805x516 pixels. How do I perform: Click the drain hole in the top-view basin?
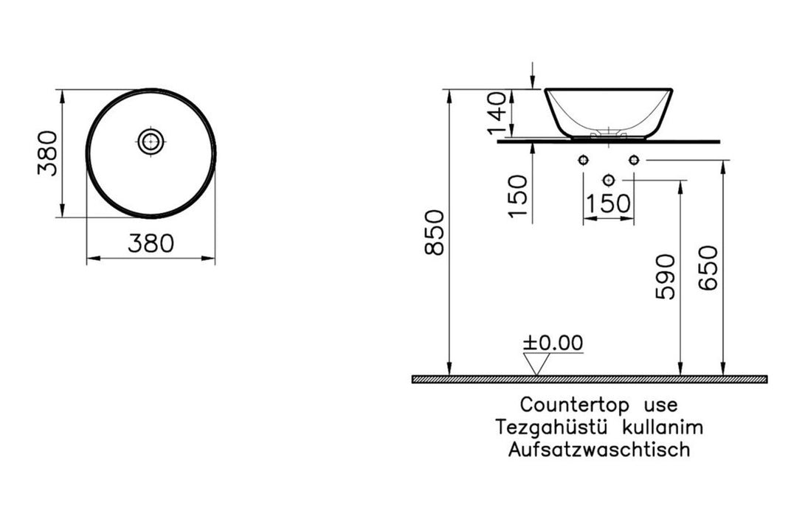click(x=151, y=141)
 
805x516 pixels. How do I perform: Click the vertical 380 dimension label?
click(x=48, y=153)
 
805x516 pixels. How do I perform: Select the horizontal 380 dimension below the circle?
click(x=151, y=243)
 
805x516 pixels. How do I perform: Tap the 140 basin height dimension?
click(x=497, y=114)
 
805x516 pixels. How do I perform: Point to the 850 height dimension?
click(x=435, y=232)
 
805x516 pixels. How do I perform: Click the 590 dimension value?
click(x=666, y=276)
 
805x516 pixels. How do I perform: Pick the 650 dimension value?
click(x=708, y=268)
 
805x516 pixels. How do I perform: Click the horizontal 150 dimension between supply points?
click(x=608, y=203)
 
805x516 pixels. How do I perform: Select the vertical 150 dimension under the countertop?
click(x=518, y=197)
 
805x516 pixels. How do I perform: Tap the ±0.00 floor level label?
click(x=553, y=343)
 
